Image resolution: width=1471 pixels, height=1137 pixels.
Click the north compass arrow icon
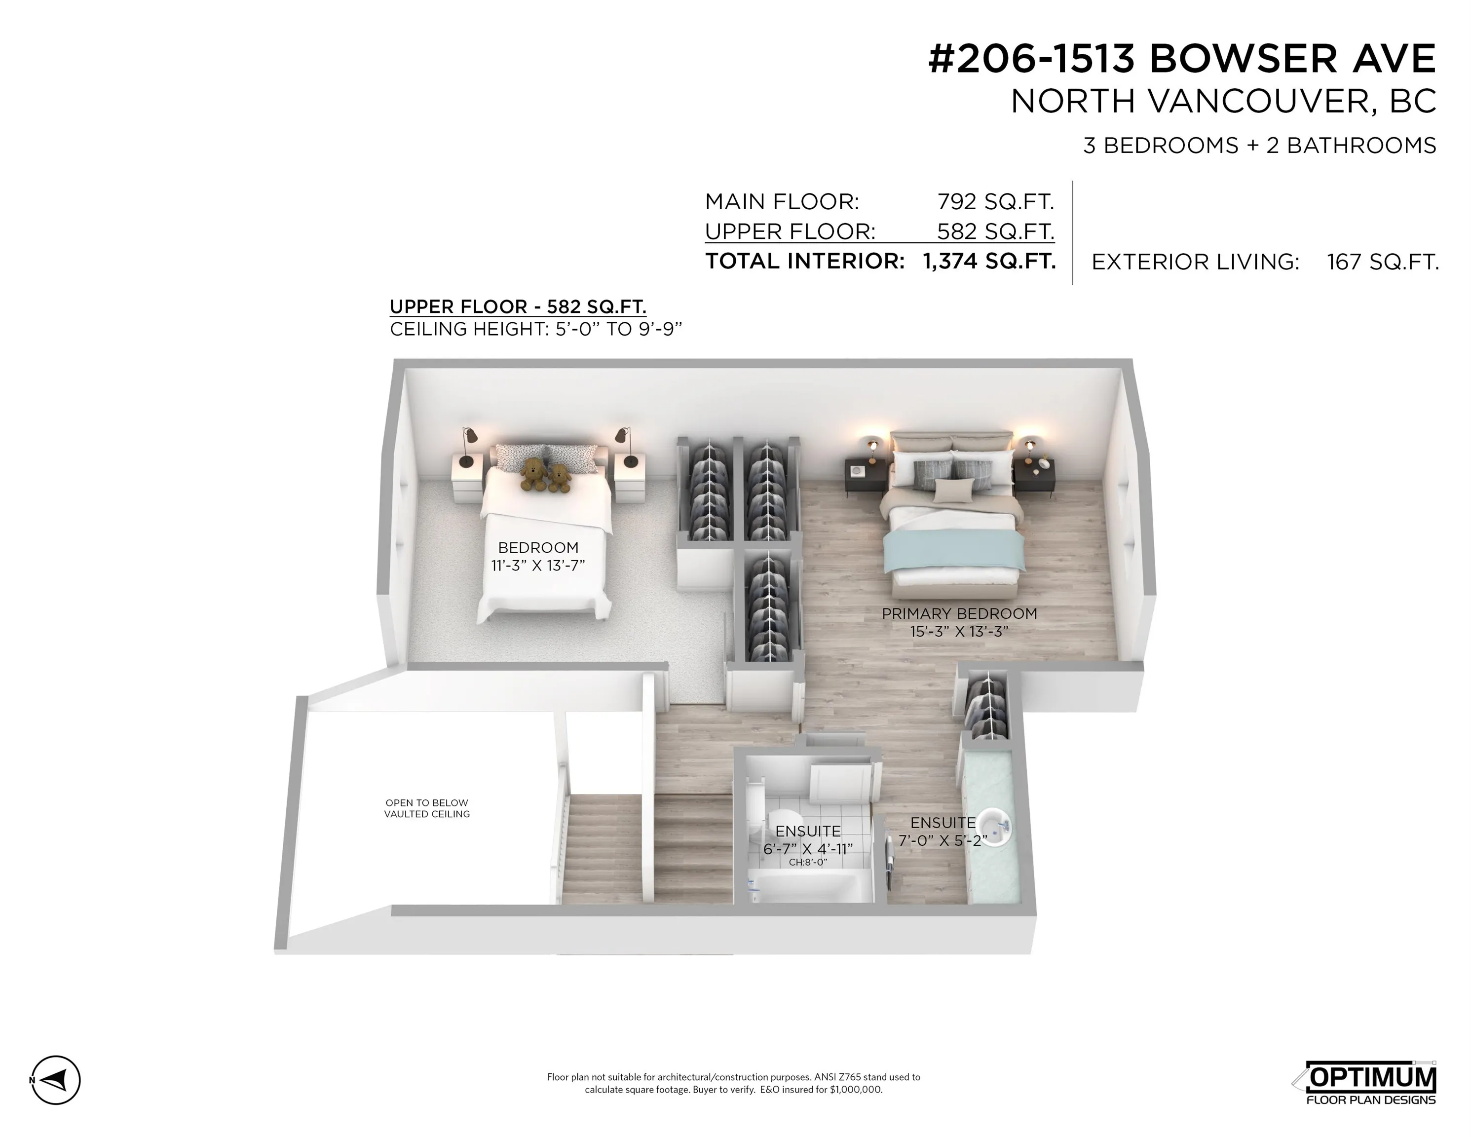tap(56, 1080)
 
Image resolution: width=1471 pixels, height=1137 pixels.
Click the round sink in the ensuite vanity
tap(994, 828)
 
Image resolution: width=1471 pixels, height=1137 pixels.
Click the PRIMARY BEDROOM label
tap(959, 613)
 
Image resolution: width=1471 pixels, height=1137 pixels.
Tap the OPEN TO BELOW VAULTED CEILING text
tap(427, 808)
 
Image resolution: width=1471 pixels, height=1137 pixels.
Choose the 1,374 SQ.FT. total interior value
tap(989, 262)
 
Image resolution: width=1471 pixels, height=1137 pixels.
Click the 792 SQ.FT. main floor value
tap(995, 201)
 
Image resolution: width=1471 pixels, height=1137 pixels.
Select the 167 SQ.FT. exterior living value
tap(1383, 262)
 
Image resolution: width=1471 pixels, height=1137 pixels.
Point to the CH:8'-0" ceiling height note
tap(808, 862)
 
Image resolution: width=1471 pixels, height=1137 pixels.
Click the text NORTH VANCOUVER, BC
tap(1224, 102)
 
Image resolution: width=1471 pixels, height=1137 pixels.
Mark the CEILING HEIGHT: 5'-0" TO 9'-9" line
tap(536, 329)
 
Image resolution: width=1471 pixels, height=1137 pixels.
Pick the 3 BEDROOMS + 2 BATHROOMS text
tap(1259, 146)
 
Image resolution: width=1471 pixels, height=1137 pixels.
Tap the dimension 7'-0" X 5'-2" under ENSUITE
tap(943, 840)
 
